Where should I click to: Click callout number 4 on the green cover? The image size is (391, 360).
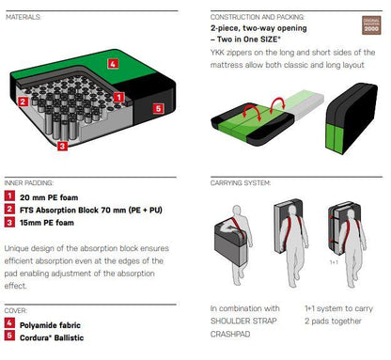[113, 64]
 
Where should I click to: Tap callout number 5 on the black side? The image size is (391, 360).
[158, 108]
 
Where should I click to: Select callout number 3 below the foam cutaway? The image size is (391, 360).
[62, 146]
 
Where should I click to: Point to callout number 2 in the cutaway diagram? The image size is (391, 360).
[23, 102]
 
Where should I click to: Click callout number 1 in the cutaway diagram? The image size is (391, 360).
[118, 97]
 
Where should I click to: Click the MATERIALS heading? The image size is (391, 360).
[23, 17]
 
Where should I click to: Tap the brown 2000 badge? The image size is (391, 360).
[371, 25]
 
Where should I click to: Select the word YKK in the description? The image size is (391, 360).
[217, 53]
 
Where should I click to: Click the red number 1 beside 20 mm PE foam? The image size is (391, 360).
[9, 196]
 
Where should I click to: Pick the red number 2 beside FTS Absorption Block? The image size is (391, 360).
[9, 209]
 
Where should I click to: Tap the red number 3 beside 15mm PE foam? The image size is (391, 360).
[9, 222]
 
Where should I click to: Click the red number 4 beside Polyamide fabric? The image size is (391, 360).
[9, 323]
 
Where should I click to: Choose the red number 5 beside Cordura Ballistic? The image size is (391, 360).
[9, 336]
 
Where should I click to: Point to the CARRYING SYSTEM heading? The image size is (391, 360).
[241, 183]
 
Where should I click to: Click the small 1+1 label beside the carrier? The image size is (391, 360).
[334, 262]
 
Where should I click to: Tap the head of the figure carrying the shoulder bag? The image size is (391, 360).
[237, 211]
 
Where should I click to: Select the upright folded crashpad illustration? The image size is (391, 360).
[352, 118]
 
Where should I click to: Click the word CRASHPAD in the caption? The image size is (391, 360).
[230, 334]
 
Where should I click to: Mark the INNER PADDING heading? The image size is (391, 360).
[29, 183]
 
